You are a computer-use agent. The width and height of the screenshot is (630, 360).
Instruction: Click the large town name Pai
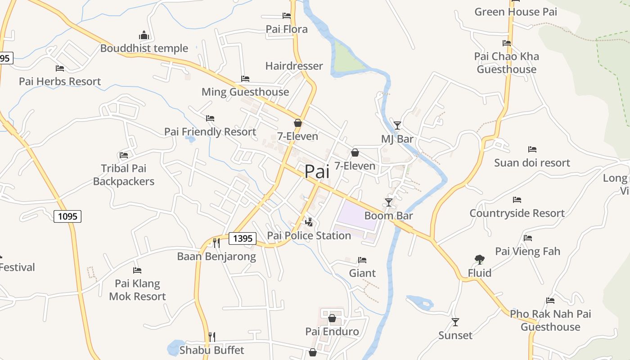click(317, 171)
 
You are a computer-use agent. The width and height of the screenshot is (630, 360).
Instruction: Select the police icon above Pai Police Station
click(309, 221)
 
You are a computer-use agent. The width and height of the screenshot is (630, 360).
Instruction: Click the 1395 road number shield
click(243, 238)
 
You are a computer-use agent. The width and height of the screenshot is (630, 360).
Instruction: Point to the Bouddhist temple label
click(144, 48)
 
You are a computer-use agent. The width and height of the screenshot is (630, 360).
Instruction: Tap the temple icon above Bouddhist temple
click(144, 35)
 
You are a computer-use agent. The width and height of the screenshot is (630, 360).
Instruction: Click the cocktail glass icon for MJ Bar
click(397, 126)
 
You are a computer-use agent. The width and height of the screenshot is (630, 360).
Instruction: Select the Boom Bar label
click(388, 216)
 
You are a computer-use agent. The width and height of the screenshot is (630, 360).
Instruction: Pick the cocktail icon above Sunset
click(455, 322)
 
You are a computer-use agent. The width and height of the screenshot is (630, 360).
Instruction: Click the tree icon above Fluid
click(479, 259)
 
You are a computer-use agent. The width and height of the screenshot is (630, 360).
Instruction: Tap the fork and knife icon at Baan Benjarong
click(216, 243)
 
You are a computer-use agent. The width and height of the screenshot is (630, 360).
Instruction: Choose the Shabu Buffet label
click(211, 350)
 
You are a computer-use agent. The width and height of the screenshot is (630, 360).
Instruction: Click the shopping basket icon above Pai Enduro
click(332, 319)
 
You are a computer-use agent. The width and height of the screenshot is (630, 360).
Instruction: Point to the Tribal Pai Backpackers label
click(124, 175)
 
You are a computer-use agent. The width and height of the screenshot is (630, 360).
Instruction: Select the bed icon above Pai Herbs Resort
click(60, 68)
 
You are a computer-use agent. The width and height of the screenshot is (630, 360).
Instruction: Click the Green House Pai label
click(516, 12)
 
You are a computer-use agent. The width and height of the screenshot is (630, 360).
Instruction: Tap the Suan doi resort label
click(532, 162)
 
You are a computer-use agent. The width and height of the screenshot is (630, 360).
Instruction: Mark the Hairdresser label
click(294, 66)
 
